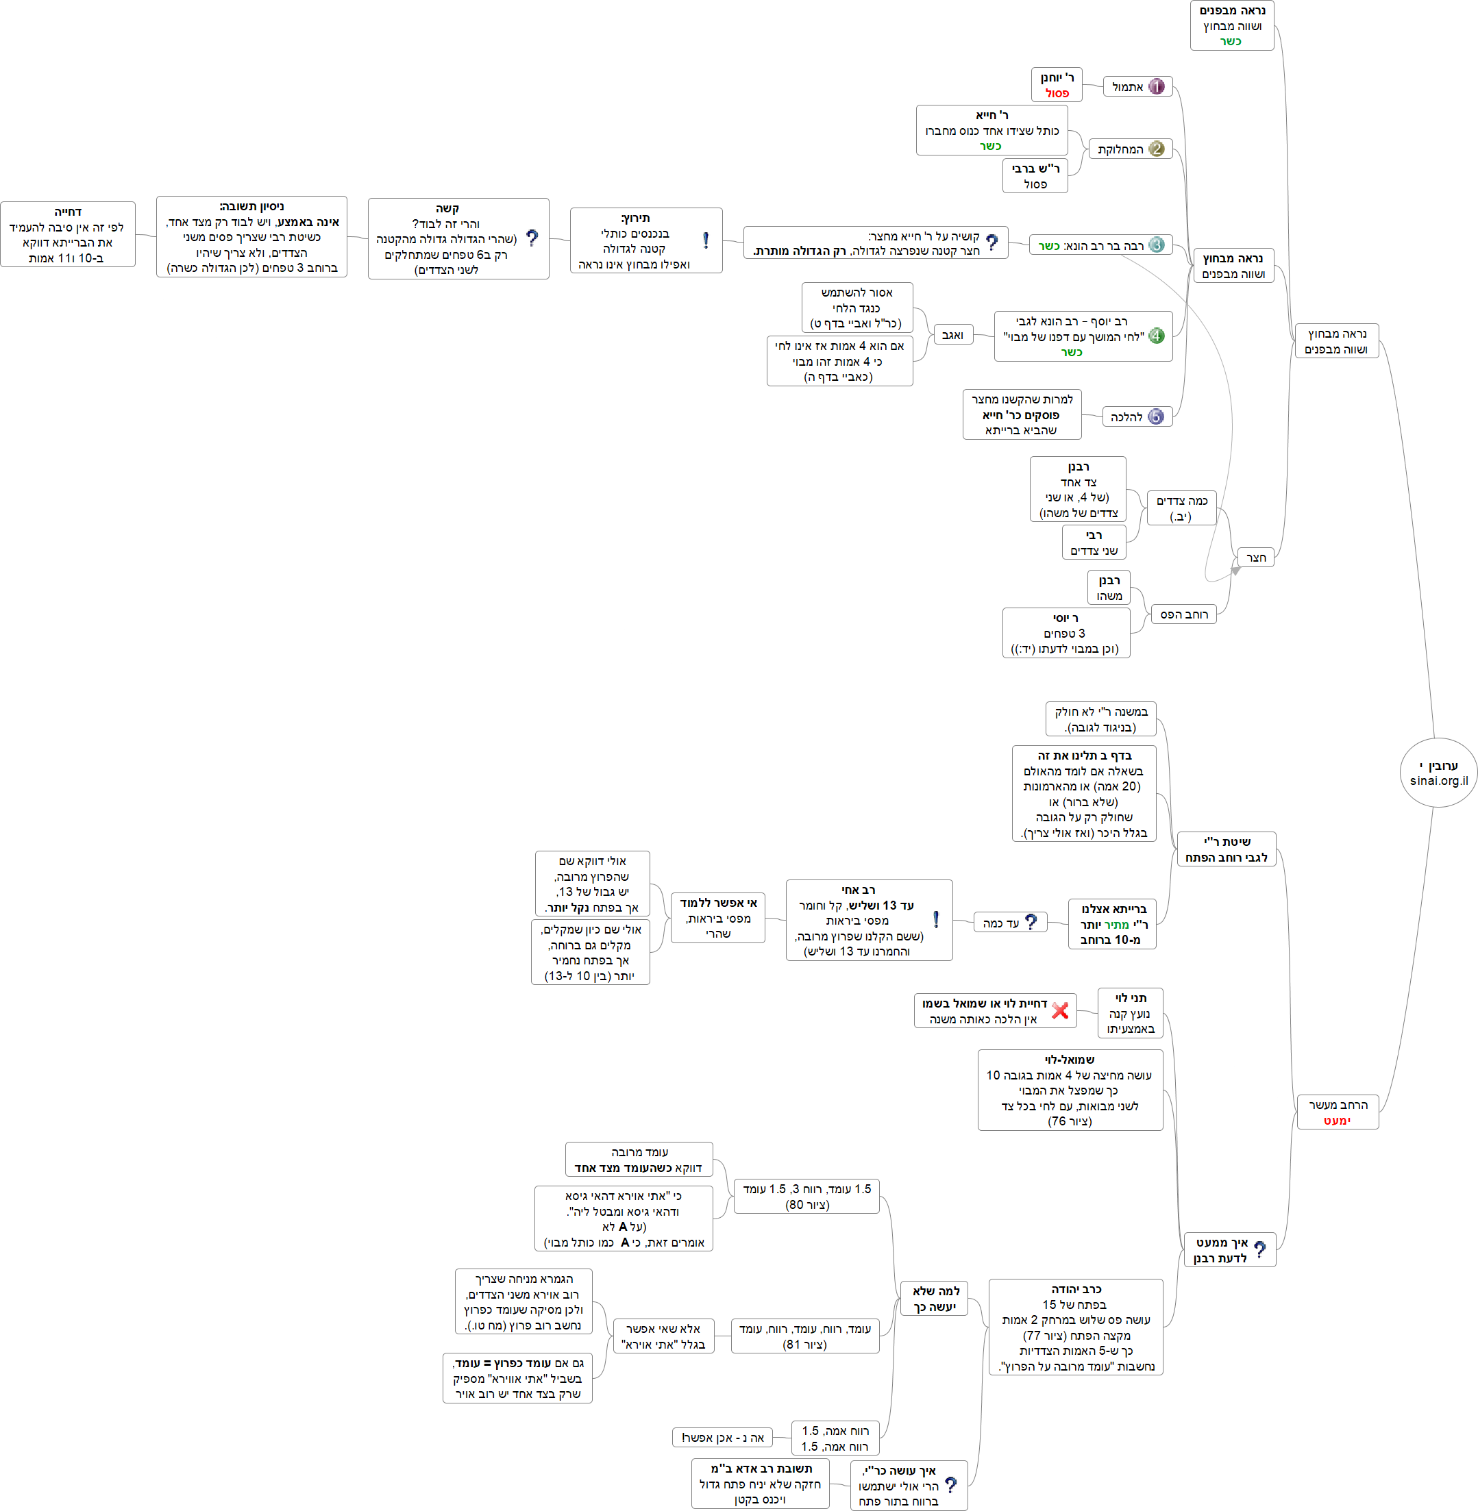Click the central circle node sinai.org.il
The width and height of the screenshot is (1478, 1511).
(x=1438, y=773)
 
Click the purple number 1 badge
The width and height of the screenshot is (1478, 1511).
(x=1156, y=87)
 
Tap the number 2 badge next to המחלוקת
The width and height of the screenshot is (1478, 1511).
(x=1156, y=149)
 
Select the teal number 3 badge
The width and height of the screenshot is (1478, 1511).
(x=1156, y=245)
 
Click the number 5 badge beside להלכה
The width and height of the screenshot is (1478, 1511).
(x=1156, y=416)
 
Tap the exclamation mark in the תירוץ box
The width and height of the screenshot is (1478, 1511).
(x=706, y=240)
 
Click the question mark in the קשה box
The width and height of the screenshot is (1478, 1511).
(x=532, y=238)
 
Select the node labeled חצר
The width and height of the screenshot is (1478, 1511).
(x=1255, y=558)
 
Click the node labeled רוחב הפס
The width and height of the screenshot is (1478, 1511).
(x=1184, y=614)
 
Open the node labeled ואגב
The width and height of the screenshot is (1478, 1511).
(x=952, y=335)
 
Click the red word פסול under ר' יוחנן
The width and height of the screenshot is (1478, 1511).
(x=1057, y=93)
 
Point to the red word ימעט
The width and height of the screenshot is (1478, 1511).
(x=1337, y=1121)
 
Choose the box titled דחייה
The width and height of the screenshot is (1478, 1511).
(x=68, y=234)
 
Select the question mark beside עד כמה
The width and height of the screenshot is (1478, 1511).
(x=1031, y=922)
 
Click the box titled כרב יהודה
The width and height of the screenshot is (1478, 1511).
(x=1075, y=1327)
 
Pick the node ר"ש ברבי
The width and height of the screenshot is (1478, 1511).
(x=1035, y=176)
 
